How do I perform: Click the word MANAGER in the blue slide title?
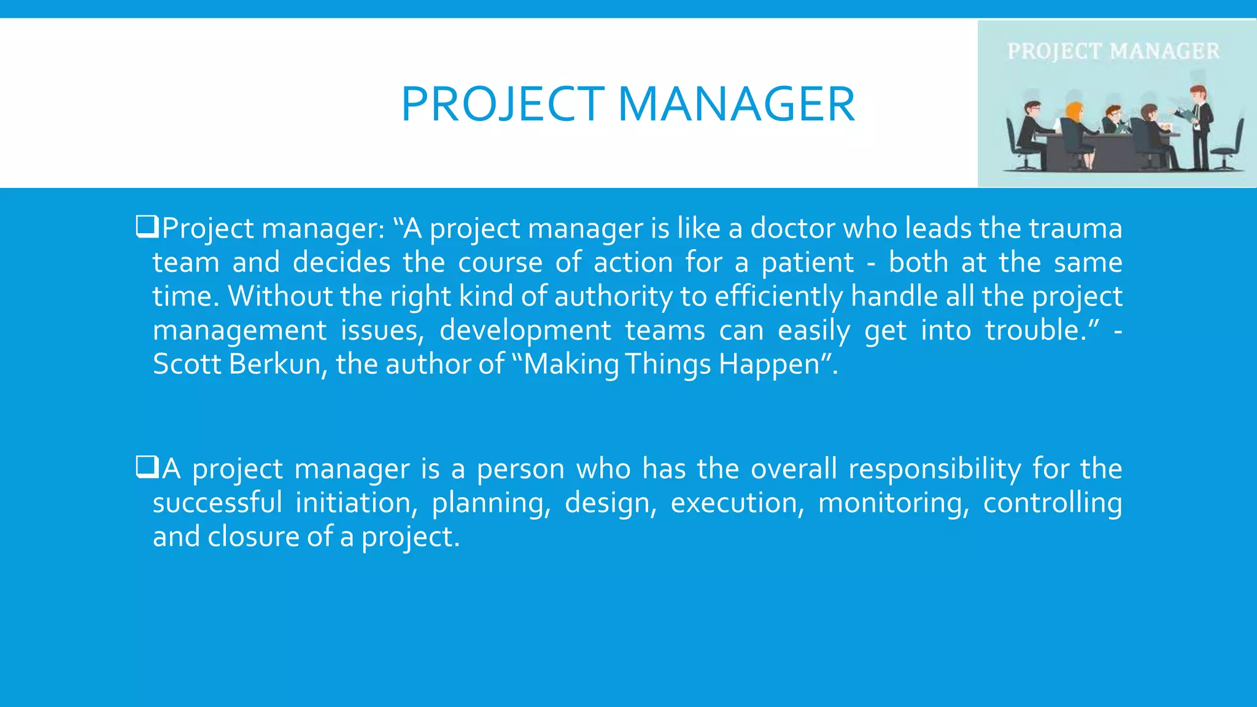point(736,104)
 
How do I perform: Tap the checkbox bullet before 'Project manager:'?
point(147,227)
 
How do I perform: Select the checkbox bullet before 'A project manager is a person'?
point(147,468)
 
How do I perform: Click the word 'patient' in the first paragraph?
point(807,263)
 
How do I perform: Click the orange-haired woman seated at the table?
point(1075,126)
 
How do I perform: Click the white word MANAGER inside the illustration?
point(1165,51)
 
